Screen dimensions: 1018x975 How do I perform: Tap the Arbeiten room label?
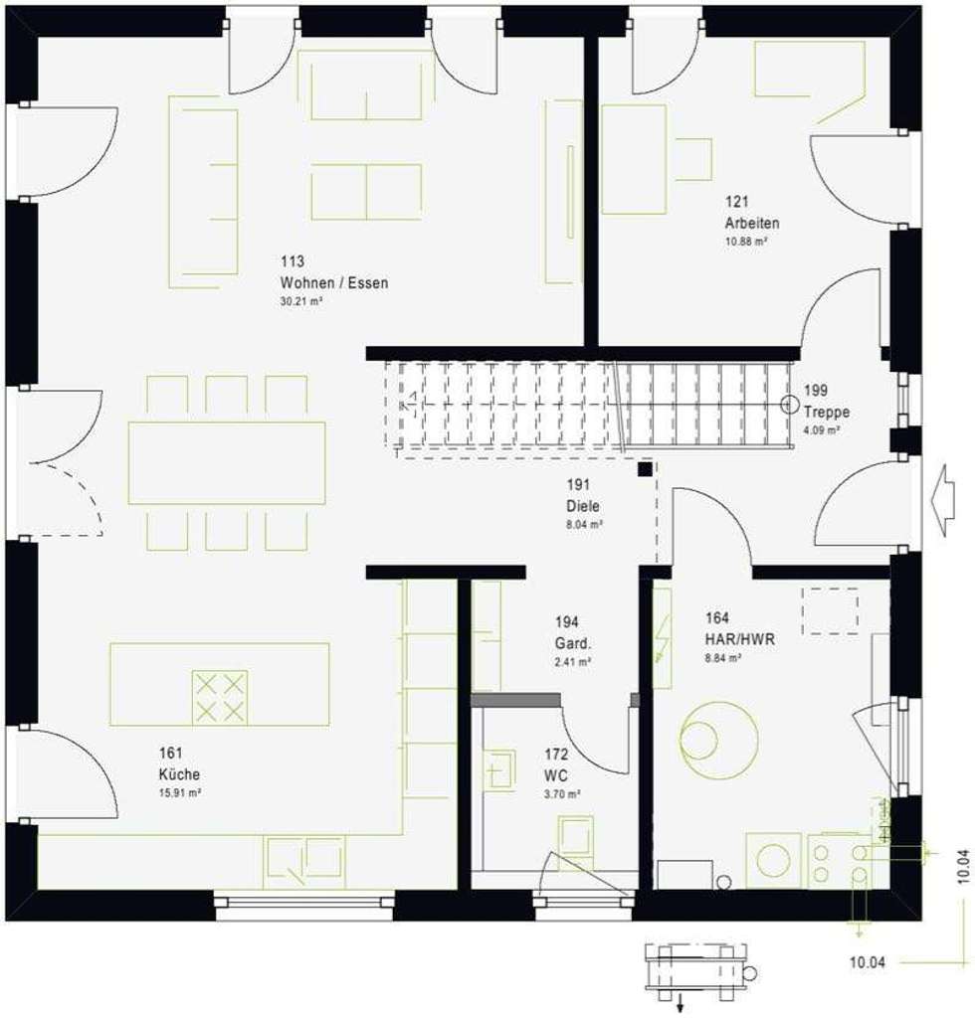click(751, 224)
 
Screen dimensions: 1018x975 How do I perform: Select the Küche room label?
click(179, 773)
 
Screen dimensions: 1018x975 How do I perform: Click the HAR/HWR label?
click(739, 639)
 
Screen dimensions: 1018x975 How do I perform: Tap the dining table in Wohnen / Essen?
click(227, 462)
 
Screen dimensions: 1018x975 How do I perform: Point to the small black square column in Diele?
click(646, 468)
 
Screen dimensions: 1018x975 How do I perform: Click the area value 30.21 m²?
click(301, 300)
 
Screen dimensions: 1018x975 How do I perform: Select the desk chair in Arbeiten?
click(694, 159)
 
